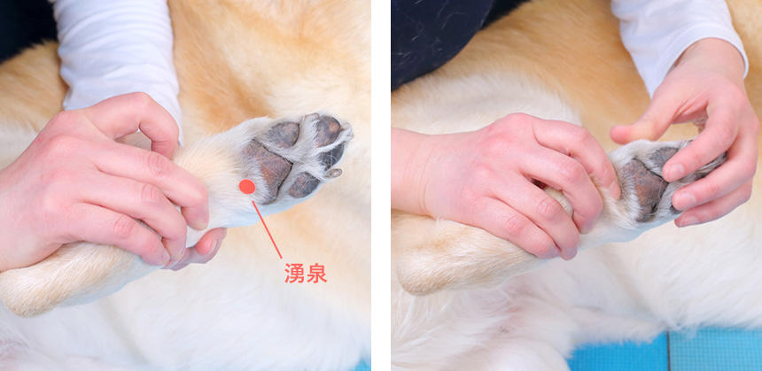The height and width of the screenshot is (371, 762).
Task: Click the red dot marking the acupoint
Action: pyautogui.click(x=247, y=187)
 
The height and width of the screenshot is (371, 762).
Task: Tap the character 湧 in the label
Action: pyautogui.click(x=294, y=273)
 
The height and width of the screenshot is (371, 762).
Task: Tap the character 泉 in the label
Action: pyautogui.click(x=316, y=273)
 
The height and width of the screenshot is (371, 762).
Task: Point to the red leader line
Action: pyautogui.click(x=267, y=229)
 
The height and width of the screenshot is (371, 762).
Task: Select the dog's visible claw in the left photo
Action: pyautogui.click(x=334, y=172)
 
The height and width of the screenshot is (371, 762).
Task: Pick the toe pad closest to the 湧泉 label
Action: pyautogui.click(x=304, y=185)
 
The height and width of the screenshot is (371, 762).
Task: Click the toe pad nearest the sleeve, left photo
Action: pyautogui.click(x=284, y=134)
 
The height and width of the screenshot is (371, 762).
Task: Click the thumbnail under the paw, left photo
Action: pyautogui.click(x=206, y=247)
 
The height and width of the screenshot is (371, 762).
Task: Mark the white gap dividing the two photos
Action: pyautogui.click(x=381, y=186)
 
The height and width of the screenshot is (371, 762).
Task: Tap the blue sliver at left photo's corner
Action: pyautogui.click(x=363, y=365)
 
